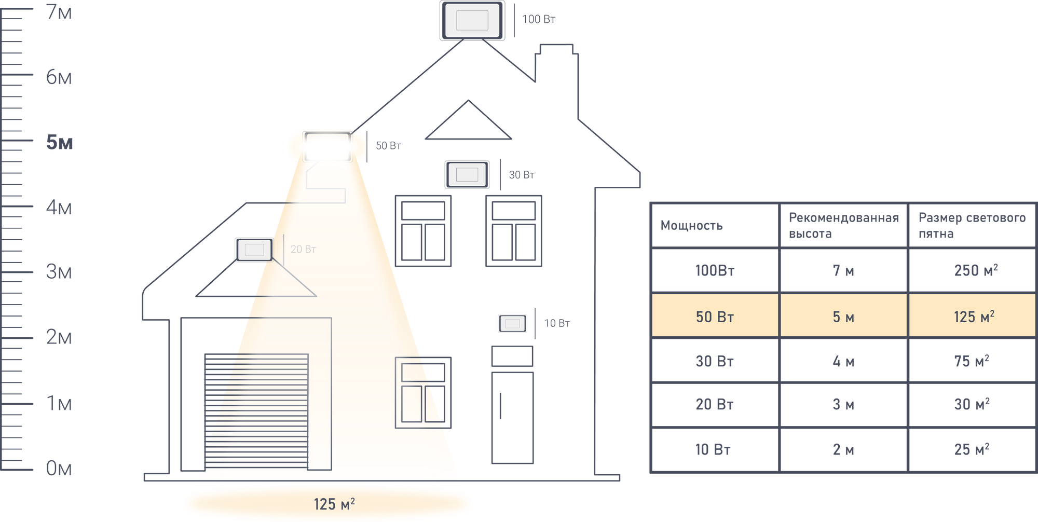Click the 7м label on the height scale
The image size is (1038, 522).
click(59, 12)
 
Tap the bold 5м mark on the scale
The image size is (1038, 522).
click(60, 142)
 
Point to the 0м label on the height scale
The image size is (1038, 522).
click(59, 469)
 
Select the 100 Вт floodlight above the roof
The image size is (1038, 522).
click(472, 21)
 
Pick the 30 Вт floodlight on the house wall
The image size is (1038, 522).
click(467, 175)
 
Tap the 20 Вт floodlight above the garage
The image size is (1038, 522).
click(254, 250)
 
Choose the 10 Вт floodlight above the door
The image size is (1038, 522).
click(512, 323)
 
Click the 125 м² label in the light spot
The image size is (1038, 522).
click(334, 504)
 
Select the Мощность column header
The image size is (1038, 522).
click(691, 225)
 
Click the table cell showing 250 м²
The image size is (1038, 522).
click(976, 270)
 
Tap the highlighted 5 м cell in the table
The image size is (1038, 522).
click(843, 317)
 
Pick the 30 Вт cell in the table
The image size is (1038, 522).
click(715, 361)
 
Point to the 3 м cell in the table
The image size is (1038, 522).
click(843, 404)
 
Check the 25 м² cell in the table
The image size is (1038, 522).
click(972, 449)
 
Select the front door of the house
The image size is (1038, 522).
click(512, 417)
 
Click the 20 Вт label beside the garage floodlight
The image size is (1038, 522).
click(303, 250)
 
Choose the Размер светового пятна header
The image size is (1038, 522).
click(972, 225)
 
